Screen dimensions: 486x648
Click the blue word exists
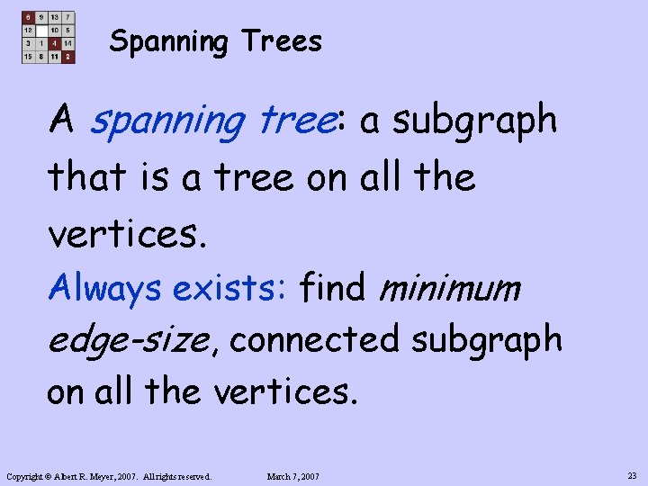(229, 288)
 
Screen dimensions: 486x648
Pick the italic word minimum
(450, 288)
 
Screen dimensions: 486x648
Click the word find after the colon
(333, 288)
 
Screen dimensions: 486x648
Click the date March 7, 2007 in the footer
(294, 476)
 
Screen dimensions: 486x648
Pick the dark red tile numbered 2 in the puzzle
(68, 57)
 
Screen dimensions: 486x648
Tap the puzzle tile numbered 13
(55, 17)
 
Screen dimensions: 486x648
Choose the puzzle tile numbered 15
(28, 57)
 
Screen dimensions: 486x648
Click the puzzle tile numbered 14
(68, 43)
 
